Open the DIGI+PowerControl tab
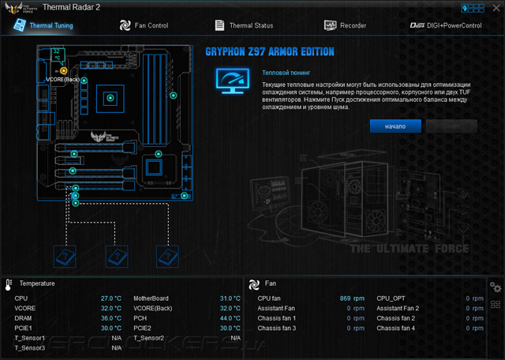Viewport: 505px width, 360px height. click(x=446, y=25)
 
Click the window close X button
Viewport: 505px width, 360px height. click(x=493, y=7)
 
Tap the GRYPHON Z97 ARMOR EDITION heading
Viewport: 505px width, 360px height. click(x=270, y=52)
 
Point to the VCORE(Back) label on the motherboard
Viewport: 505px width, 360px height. click(x=63, y=80)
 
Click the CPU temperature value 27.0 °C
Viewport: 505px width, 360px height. click(x=110, y=298)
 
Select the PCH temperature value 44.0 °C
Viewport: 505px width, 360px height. click(x=230, y=318)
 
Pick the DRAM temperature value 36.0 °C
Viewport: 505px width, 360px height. click(x=110, y=318)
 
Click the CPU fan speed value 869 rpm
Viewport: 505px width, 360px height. click(x=352, y=298)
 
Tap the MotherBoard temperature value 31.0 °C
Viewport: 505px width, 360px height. click(x=230, y=298)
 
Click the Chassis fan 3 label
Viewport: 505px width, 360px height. click(x=277, y=328)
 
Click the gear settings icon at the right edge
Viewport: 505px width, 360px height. click(x=496, y=287)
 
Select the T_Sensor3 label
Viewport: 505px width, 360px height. click(x=30, y=347)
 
